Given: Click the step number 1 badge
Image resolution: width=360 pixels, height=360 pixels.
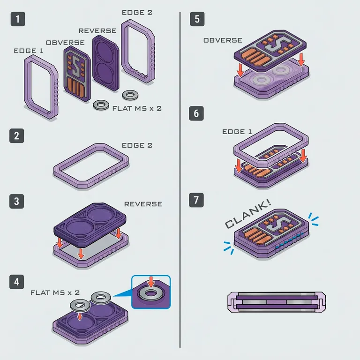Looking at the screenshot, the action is tap(18, 19).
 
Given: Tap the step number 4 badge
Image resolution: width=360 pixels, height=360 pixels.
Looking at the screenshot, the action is tap(16, 282).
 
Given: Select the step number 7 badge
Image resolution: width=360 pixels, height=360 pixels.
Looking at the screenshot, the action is tap(196, 200).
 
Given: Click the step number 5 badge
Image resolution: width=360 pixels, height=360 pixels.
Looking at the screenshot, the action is tap(197, 19).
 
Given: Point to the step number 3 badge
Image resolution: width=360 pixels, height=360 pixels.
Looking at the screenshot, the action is tap(16, 202).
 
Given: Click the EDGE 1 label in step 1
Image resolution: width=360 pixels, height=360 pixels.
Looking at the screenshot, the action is tap(29, 51).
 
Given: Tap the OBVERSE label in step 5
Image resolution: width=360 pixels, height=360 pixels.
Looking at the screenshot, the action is tap(223, 40).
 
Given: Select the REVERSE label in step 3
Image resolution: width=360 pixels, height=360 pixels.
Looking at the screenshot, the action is tap(143, 204).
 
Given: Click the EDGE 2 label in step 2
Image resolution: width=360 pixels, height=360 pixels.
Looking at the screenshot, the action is tap(137, 145).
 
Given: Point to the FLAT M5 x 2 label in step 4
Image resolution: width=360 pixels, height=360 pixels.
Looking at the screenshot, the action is tap(55, 292).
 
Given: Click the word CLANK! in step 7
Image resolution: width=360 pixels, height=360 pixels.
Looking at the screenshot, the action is tap(248, 214).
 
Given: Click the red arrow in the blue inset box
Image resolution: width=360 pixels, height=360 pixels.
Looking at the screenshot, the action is tap(151, 282).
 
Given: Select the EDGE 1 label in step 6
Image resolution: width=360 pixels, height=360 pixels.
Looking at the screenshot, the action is tap(237, 132).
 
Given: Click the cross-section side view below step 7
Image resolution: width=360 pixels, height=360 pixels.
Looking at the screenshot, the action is tap(277, 302).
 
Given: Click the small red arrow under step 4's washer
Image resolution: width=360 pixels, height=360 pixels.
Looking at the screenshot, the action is tap(79, 317).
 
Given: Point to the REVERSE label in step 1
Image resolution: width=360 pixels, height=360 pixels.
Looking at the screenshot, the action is tap(97, 31).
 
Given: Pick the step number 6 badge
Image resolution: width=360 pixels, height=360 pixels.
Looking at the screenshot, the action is tap(196, 113).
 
